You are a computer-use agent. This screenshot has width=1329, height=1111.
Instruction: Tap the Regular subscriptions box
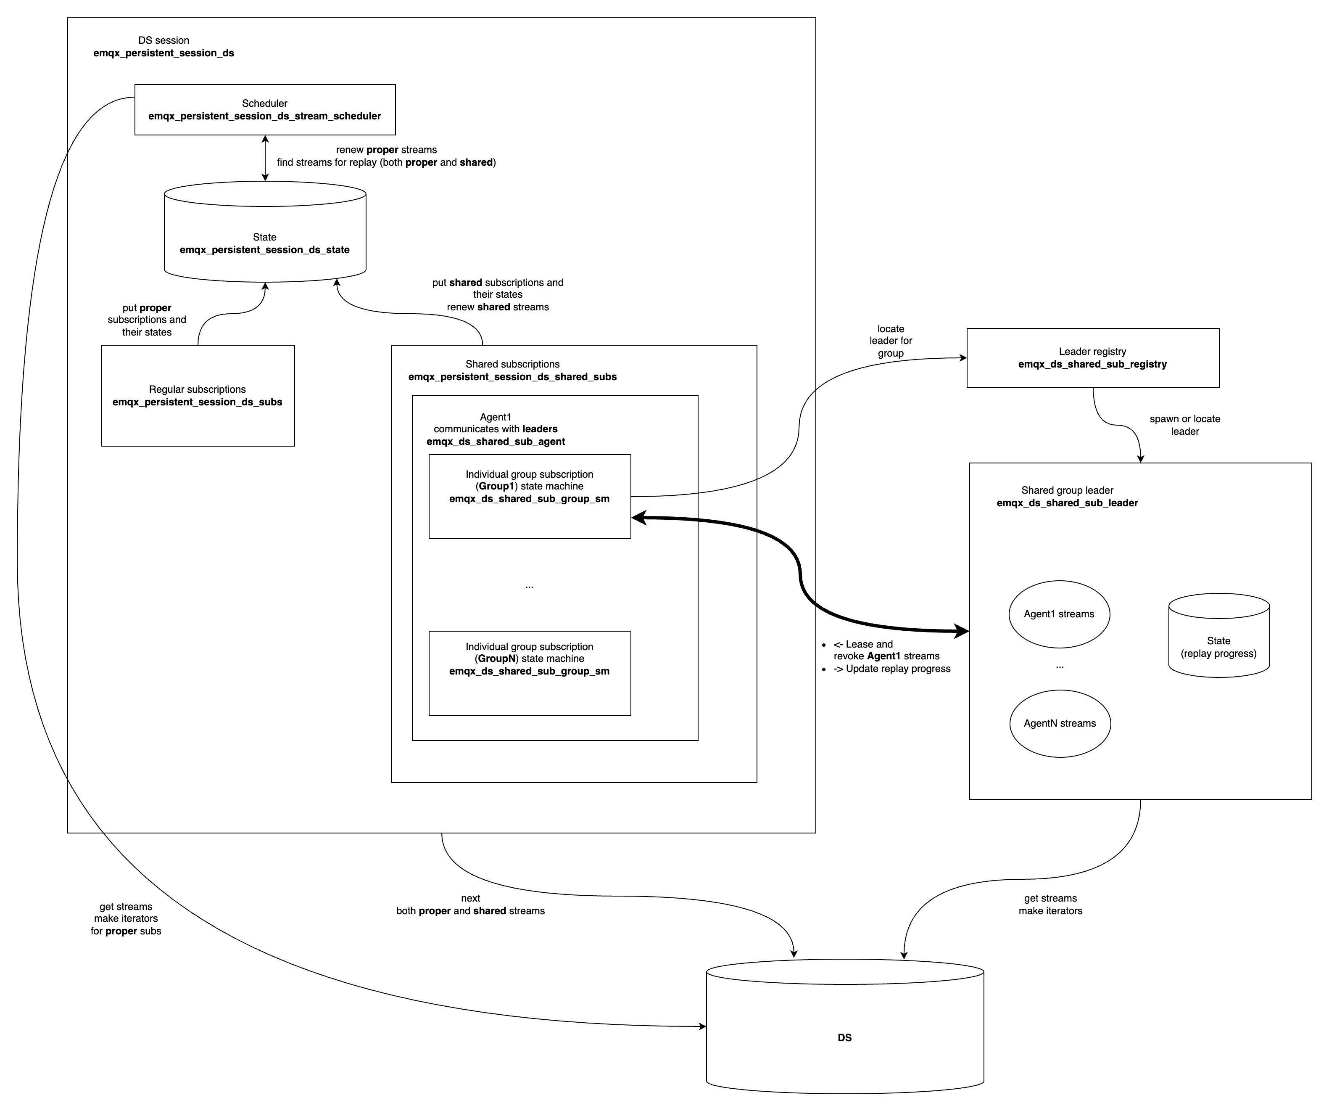[x=198, y=396]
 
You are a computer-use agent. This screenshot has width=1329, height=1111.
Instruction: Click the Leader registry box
[x=1092, y=358]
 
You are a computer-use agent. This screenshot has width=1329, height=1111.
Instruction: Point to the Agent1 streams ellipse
[x=1059, y=614]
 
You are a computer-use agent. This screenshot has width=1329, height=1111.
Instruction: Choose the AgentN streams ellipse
[x=1060, y=723]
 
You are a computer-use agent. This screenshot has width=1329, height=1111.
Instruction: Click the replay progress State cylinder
[x=1218, y=647]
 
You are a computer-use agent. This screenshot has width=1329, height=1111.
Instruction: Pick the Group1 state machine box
[x=529, y=496]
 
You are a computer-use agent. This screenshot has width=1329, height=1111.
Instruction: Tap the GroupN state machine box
[x=529, y=673]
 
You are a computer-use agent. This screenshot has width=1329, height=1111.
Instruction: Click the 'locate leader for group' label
[x=891, y=341]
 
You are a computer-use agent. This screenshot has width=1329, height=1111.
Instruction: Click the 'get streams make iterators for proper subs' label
[x=126, y=918]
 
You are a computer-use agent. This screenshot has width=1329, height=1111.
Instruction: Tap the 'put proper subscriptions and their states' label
[x=147, y=320]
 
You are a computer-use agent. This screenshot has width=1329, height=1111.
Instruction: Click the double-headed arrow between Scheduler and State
[x=265, y=158]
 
